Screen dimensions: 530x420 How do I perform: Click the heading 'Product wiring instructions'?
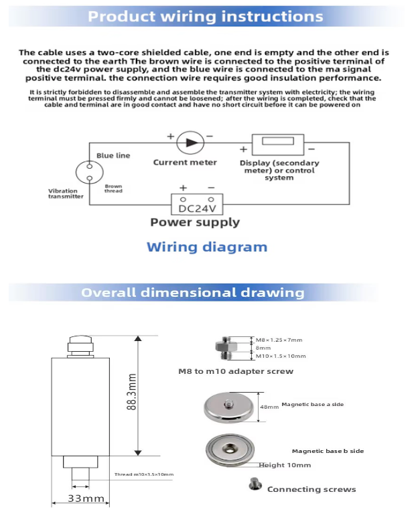pyautogui.click(x=205, y=17)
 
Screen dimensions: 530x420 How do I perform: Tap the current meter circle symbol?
pyautogui.click(x=191, y=141)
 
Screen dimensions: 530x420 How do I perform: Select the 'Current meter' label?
pyautogui.click(x=185, y=162)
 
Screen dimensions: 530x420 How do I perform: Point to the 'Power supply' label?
pyautogui.click(x=194, y=222)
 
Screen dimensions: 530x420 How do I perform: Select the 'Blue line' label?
pyautogui.click(x=113, y=155)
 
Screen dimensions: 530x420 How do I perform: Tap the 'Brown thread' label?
pyautogui.click(x=113, y=188)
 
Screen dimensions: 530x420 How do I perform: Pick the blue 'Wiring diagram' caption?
pyautogui.click(x=206, y=247)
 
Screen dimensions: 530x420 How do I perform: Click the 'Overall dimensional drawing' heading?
pyautogui.click(x=192, y=293)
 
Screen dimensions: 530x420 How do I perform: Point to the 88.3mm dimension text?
pyautogui.click(x=132, y=392)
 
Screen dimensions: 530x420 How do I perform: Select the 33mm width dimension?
pyautogui.click(x=86, y=499)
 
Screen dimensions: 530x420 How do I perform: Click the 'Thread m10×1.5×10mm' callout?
pyautogui.click(x=143, y=474)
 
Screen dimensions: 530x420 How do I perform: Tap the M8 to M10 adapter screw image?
pyautogui.click(x=228, y=348)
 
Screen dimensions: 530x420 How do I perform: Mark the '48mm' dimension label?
pyautogui.click(x=269, y=407)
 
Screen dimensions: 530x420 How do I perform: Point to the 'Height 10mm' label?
pyautogui.click(x=285, y=465)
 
